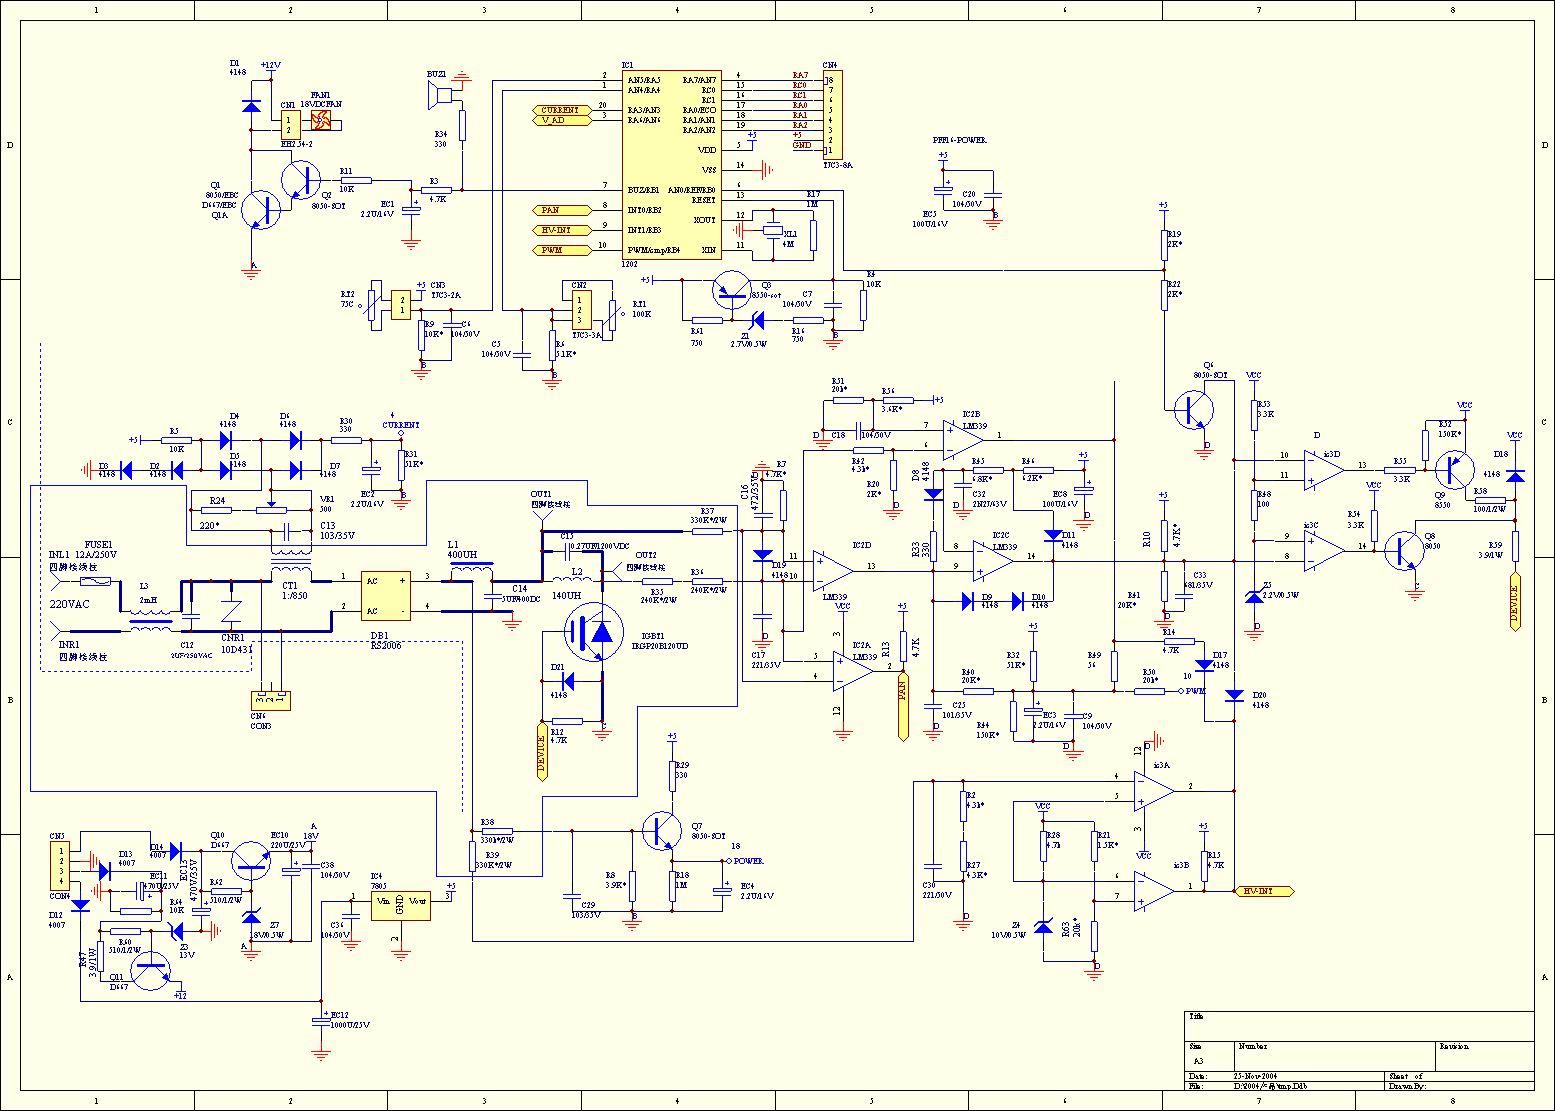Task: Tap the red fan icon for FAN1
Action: [x=321, y=121]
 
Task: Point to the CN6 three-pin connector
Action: [x=271, y=698]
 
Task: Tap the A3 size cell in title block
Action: [x=1199, y=1062]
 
